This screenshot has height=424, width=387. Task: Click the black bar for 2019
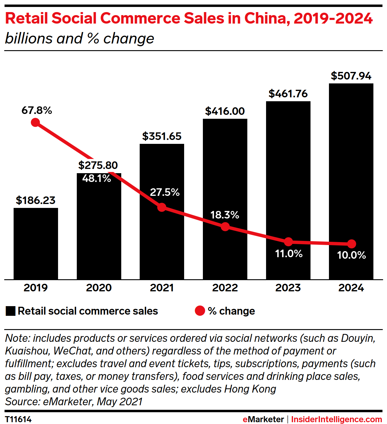coord(36,244)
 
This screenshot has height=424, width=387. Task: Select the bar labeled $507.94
coord(351,181)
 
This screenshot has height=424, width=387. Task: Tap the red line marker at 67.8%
coord(35,122)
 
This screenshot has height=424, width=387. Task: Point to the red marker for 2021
coord(162,207)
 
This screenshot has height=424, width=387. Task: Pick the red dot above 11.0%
coord(288,242)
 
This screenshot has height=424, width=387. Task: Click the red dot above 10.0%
coord(351,244)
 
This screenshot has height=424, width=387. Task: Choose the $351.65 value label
coord(162,136)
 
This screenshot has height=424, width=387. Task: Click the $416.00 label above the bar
coord(225,111)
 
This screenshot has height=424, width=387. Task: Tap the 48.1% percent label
coord(97,179)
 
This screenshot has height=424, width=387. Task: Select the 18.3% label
coord(225,215)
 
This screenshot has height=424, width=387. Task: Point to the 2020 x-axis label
coord(99,288)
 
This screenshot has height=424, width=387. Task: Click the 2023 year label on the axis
coord(288,288)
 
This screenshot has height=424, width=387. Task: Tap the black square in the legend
coord(10,311)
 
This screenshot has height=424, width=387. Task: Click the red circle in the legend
coord(200,311)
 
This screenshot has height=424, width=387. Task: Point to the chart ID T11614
coord(18,419)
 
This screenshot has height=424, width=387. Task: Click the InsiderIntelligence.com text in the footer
coord(337,419)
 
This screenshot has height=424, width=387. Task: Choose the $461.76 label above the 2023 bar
coord(288,94)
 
